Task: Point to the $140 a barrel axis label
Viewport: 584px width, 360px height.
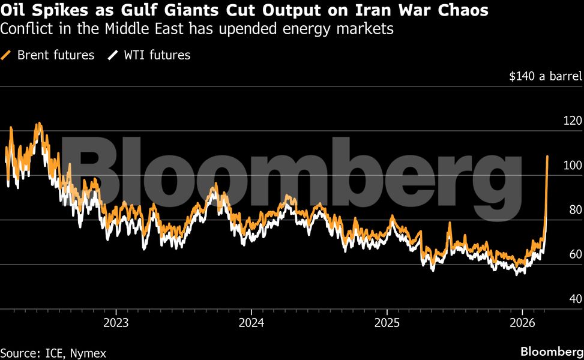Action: [x=545, y=76]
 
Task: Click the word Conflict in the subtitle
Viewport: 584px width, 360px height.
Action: [x=23, y=29]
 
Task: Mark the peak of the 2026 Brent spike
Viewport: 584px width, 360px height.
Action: [x=547, y=157]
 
